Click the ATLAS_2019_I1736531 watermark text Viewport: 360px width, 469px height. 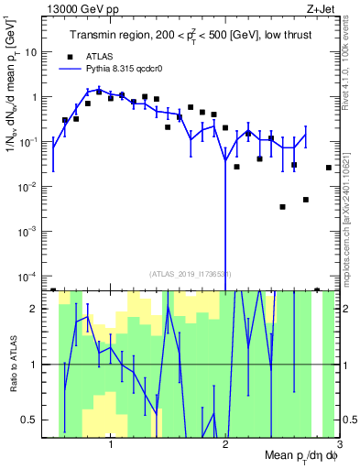(x=191, y=273)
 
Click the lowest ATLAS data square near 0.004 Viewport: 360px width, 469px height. (x=283, y=207)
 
